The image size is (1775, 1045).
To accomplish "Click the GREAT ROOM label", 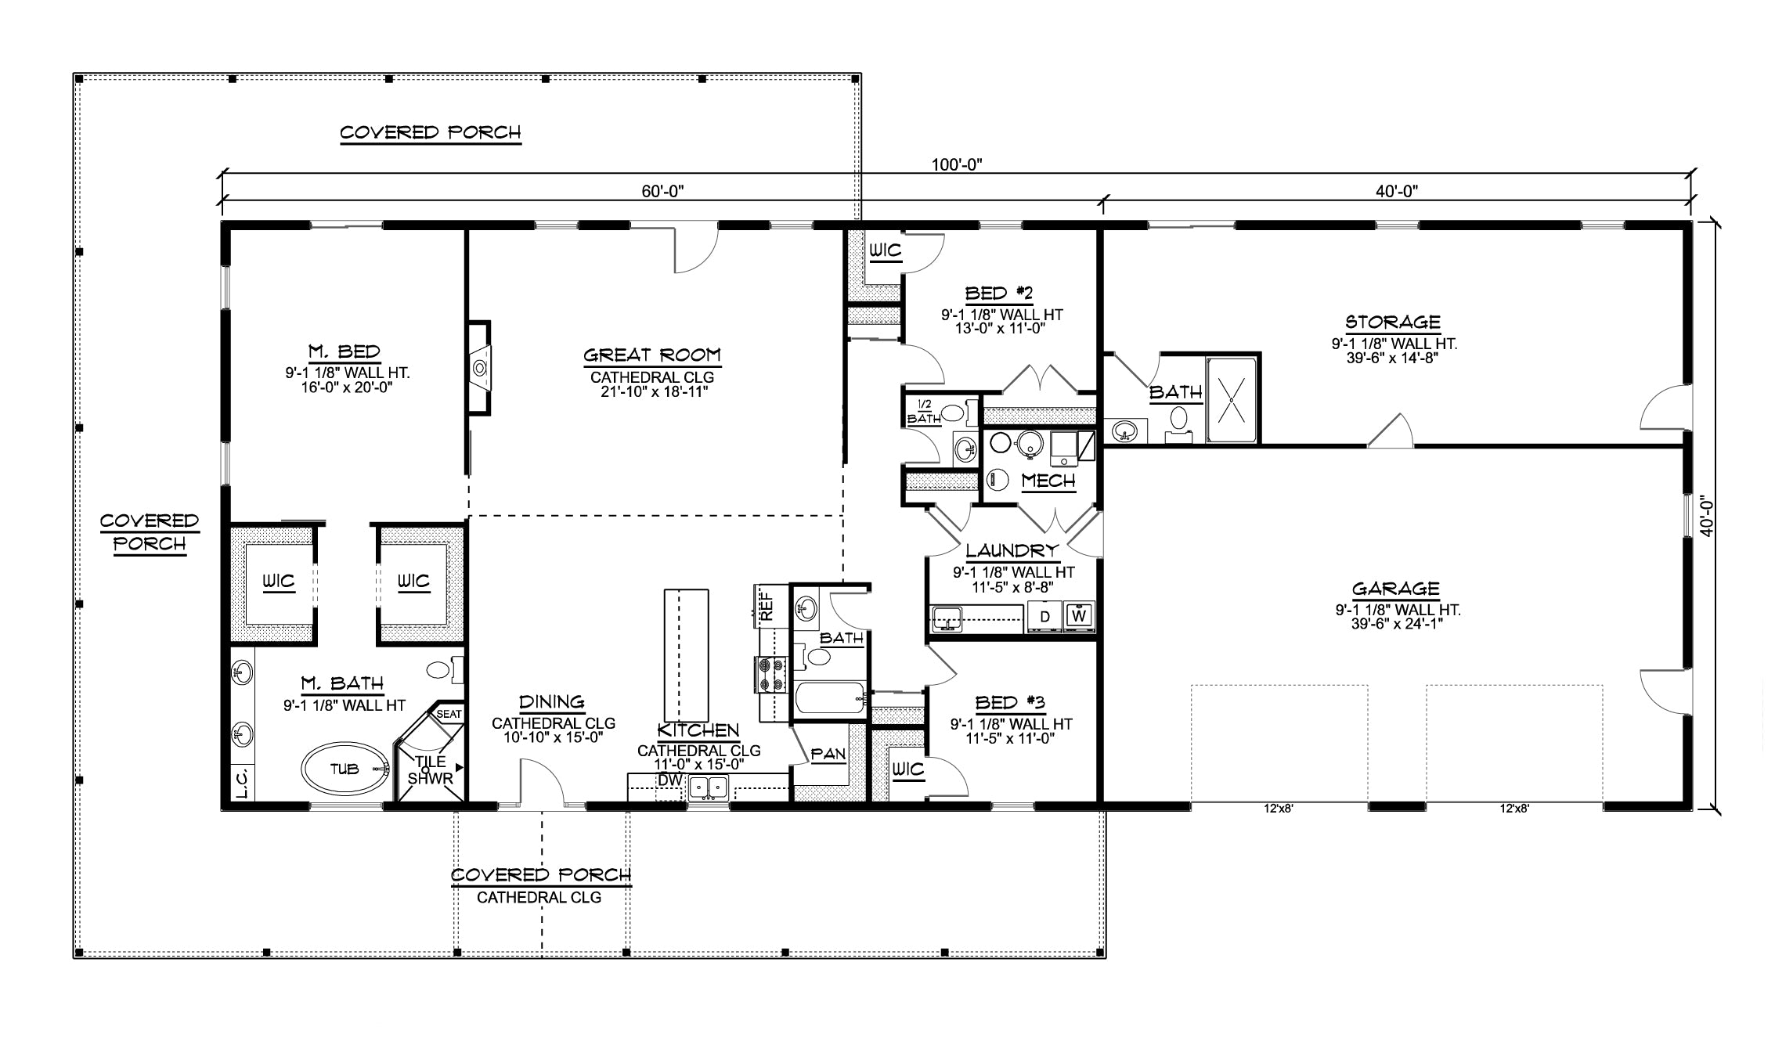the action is click(x=652, y=355).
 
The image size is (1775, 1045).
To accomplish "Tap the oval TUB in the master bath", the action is click(x=345, y=769).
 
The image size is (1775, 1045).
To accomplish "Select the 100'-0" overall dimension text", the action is click(x=957, y=164).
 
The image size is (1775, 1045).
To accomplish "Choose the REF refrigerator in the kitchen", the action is click(x=767, y=605).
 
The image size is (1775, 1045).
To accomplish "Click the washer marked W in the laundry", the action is click(x=1079, y=616).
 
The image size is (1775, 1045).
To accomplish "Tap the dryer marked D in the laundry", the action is click(x=1044, y=616).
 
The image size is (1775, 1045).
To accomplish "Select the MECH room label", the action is click(x=1048, y=481).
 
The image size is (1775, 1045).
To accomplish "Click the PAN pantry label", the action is click(x=828, y=755).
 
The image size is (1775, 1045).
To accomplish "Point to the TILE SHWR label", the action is click(x=431, y=770).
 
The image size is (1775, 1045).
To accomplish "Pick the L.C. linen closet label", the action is click(x=242, y=783).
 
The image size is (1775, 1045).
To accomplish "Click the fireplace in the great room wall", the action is click(x=479, y=367).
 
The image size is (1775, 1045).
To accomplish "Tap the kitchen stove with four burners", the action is click(x=770, y=675).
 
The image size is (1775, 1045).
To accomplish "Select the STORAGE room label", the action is click(x=1393, y=322).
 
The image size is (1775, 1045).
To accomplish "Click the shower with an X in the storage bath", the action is click(x=1232, y=399).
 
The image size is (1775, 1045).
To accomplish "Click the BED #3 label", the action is click(x=1010, y=702).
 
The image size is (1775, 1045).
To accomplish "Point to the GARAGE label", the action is click(x=1396, y=589).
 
